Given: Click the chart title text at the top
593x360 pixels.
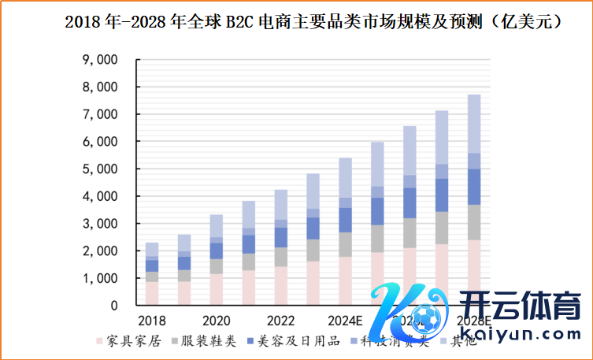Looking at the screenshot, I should (x=313, y=22).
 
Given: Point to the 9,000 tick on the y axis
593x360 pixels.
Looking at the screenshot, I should (x=100, y=60).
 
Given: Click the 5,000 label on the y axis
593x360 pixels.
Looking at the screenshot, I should (x=100, y=169).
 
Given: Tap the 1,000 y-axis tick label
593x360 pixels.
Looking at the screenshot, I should (x=100, y=278).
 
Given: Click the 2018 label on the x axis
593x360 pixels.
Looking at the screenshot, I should (x=151, y=321).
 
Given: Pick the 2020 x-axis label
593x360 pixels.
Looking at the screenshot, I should (x=216, y=321).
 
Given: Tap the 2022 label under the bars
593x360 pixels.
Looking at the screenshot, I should (x=280, y=321).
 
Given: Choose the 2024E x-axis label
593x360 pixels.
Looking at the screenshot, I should (x=345, y=321).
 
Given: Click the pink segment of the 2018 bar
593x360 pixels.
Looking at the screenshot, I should (x=152, y=293).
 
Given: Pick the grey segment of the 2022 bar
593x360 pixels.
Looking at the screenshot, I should (x=281, y=257).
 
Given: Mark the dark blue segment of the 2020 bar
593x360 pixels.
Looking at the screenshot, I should (x=217, y=251).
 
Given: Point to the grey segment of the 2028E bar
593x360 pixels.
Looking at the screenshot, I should (x=474, y=222).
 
